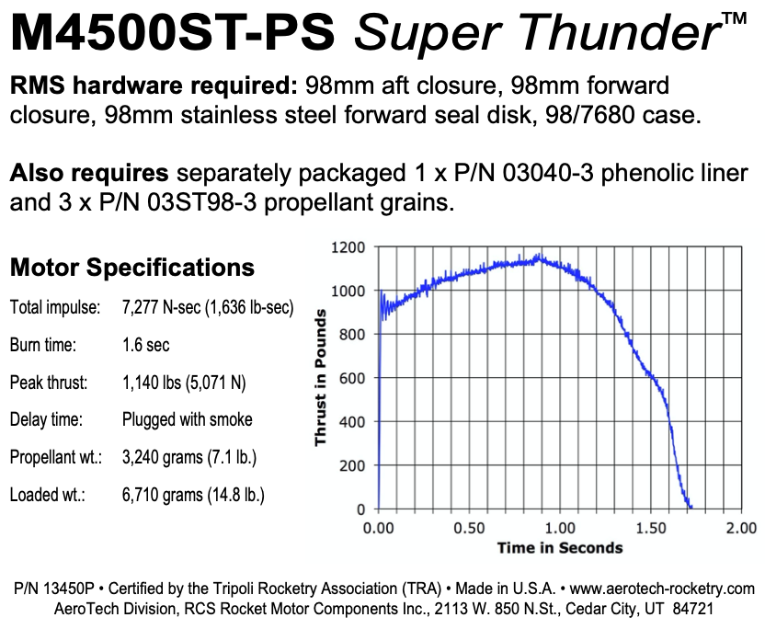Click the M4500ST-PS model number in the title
point(175,35)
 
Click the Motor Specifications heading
point(131,268)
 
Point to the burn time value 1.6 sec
point(145,346)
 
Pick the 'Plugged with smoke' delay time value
point(187,420)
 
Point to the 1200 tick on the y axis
point(350,248)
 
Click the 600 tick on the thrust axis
point(354,379)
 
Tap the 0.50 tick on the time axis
point(470,529)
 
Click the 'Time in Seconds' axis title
point(559,548)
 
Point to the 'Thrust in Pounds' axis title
point(321,379)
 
